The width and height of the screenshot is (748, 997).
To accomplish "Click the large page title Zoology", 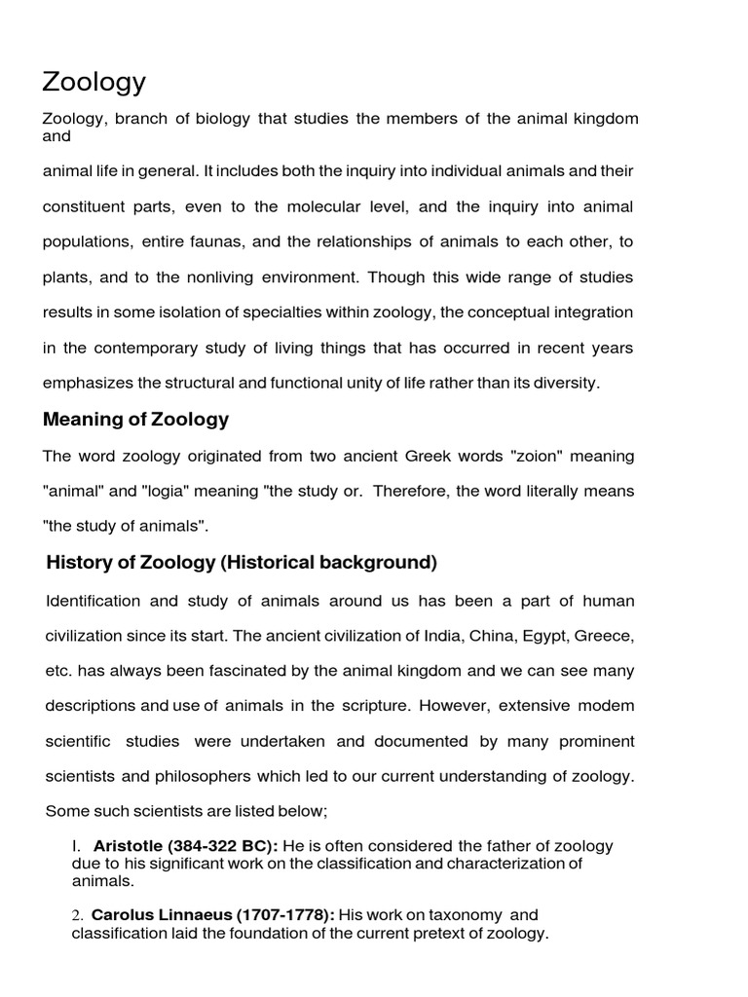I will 93,82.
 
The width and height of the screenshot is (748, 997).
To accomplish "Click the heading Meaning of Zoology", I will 136,420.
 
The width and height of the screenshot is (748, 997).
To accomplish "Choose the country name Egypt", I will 544,635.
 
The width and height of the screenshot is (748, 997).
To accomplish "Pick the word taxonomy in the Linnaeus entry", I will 463,915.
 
